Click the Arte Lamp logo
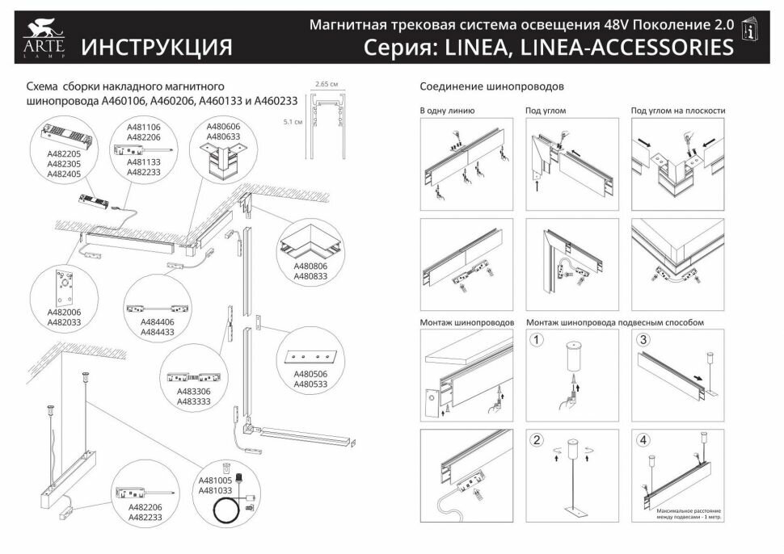[x=40, y=40]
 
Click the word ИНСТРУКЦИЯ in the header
[x=157, y=47]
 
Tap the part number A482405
[x=64, y=174]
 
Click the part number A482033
[x=64, y=322]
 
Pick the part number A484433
[x=157, y=331]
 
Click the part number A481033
[x=216, y=490]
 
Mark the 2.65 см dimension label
[x=327, y=83]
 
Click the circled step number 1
[x=536, y=340]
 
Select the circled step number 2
[x=536, y=440]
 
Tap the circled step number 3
[x=643, y=340]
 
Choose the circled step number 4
[x=643, y=440]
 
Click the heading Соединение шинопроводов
[x=491, y=86]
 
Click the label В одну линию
[x=447, y=111]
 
